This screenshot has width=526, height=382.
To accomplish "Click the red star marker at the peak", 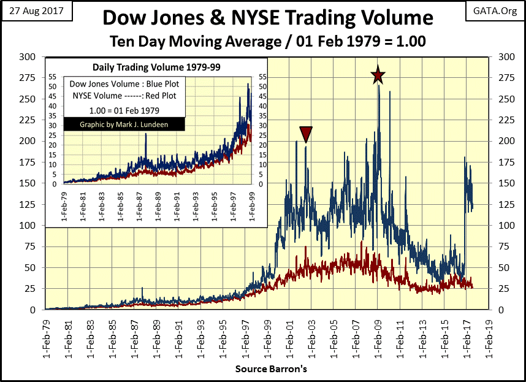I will pyautogui.click(x=378, y=75).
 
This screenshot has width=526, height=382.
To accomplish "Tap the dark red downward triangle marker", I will pyautogui.click(x=306, y=134).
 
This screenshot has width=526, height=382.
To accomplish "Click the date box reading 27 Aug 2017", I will pyautogui.click(x=37, y=11).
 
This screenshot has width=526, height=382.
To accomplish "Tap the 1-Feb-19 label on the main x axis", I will pyautogui.click(x=487, y=338).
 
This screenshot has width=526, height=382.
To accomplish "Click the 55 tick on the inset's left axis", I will pyautogui.click(x=54, y=77).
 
